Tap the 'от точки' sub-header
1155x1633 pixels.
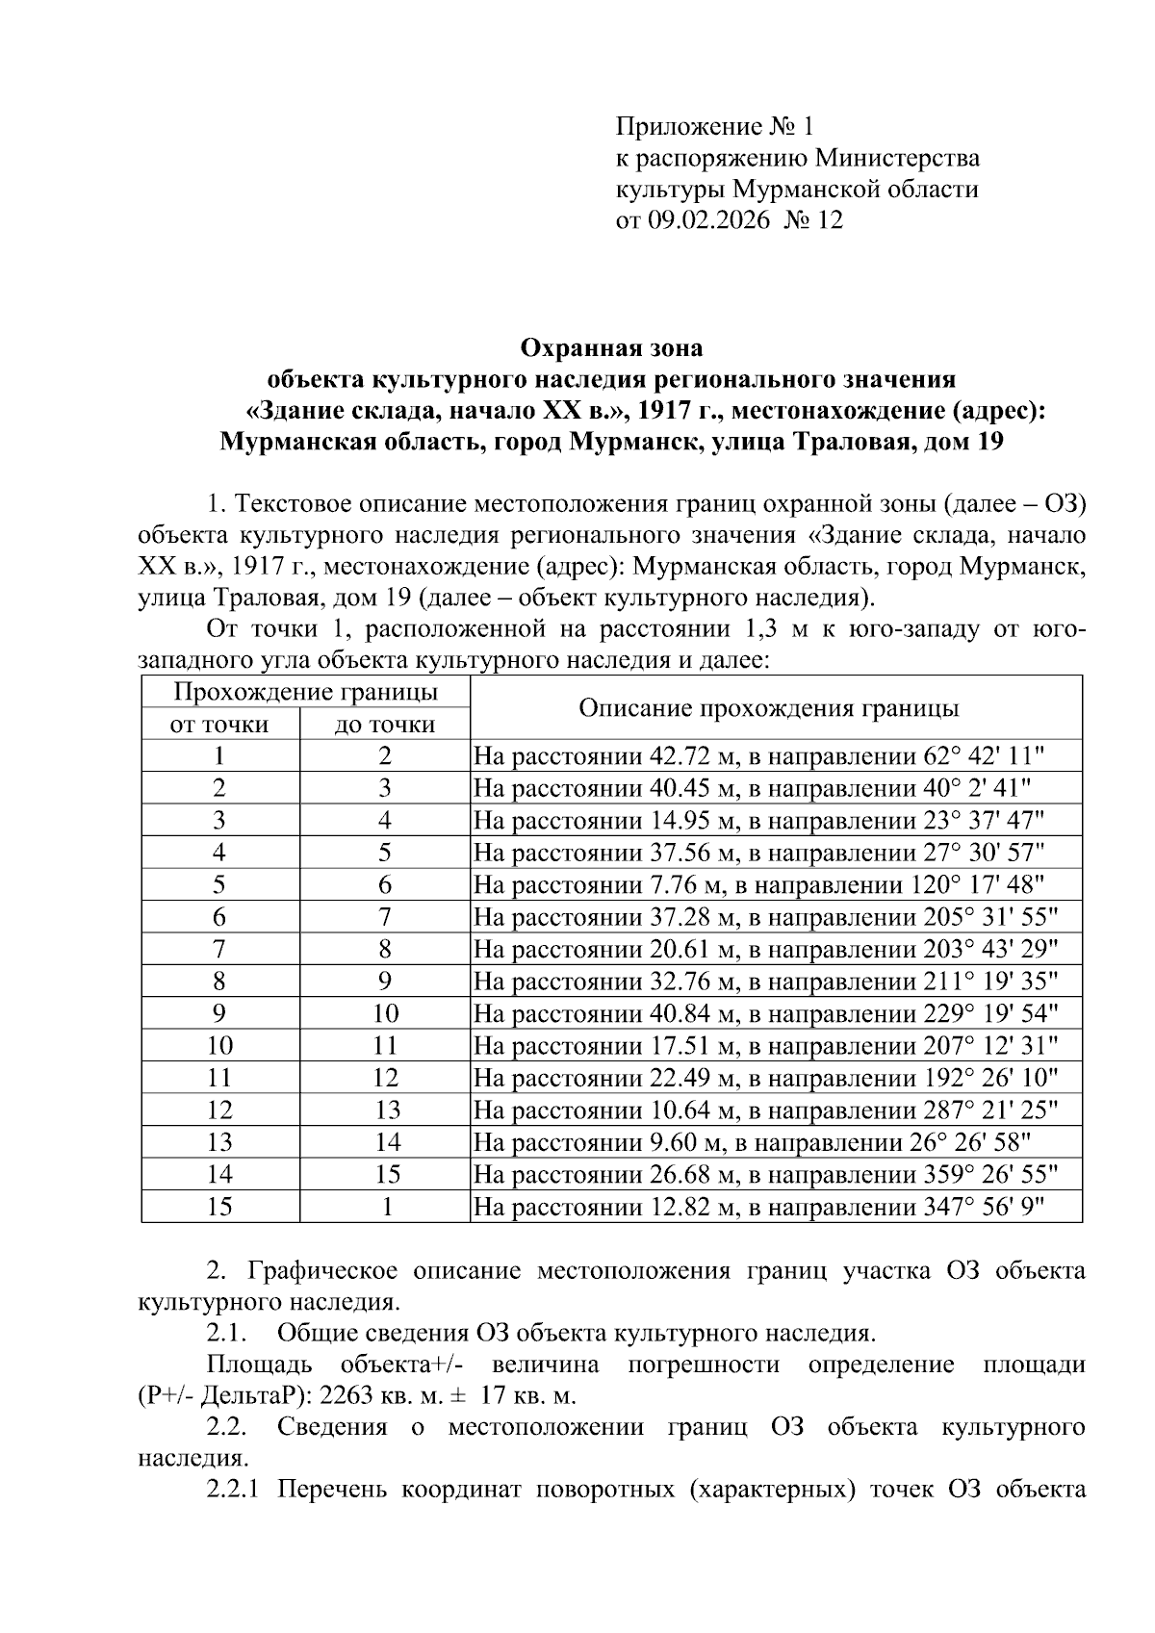click(x=219, y=725)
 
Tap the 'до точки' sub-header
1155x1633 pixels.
click(x=385, y=725)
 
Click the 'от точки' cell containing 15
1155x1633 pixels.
click(x=219, y=1207)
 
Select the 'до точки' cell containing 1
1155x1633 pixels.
click(x=385, y=1207)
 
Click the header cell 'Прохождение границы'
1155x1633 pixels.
click(x=305, y=692)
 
